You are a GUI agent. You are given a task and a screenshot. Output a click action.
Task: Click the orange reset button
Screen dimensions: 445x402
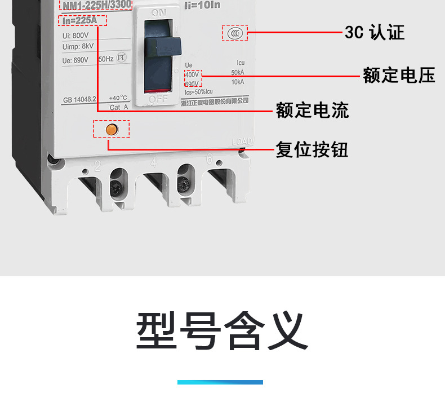coord(112,129)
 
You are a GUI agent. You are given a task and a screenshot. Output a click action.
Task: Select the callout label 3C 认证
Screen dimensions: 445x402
coord(375,33)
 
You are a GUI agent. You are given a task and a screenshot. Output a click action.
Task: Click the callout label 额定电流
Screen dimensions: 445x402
coord(313,110)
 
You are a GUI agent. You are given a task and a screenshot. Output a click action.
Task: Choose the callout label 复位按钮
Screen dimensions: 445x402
coord(312,149)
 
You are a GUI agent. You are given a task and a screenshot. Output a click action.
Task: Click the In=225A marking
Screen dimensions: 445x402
coord(82,21)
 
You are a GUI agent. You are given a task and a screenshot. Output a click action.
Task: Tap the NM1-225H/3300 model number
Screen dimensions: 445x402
coord(96,5)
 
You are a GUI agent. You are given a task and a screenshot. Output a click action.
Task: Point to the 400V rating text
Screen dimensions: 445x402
coord(192,74)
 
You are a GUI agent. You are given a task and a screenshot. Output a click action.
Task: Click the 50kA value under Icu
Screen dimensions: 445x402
coord(238,73)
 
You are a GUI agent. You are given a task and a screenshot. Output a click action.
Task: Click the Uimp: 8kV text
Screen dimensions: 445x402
coord(78,47)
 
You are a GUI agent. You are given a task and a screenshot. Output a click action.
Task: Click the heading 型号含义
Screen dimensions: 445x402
coord(222,331)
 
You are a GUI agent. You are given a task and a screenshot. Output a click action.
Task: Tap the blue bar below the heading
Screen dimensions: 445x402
coord(220,382)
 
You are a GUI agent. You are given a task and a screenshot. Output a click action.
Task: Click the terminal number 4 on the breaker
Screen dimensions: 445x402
coord(154,164)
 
